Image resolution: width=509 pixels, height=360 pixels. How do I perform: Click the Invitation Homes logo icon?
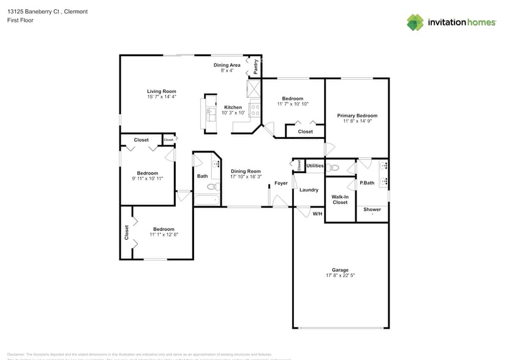pyautogui.click(x=415, y=22)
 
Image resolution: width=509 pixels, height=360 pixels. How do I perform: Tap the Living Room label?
pyautogui.click(x=161, y=91)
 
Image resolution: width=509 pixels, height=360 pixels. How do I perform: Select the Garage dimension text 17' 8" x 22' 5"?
pyautogui.click(x=340, y=276)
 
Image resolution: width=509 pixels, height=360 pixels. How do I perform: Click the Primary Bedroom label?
pyautogui.click(x=357, y=116)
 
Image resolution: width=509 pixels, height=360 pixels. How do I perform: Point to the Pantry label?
pyautogui.click(x=255, y=67)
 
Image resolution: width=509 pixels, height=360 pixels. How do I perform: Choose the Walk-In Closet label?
pyautogui.click(x=340, y=200)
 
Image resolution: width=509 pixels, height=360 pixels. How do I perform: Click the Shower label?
pyautogui.click(x=372, y=209)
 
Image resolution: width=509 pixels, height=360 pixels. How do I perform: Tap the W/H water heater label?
pyautogui.click(x=317, y=214)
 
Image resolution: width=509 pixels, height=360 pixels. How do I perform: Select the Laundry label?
pyautogui.click(x=309, y=190)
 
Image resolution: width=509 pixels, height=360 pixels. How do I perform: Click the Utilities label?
pyautogui.click(x=315, y=166)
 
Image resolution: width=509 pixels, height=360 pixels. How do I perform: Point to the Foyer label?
pyautogui.click(x=281, y=183)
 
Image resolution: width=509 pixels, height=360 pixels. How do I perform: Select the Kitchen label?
pyautogui.click(x=233, y=107)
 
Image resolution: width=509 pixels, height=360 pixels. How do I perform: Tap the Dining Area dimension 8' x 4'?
pyautogui.click(x=227, y=70)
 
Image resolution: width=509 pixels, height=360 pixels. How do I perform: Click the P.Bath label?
pyautogui.click(x=367, y=183)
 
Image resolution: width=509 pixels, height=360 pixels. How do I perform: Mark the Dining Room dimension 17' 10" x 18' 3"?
pyautogui.click(x=246, y=177)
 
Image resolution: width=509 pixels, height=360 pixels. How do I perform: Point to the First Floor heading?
pyautogui.click(x=20, y=20)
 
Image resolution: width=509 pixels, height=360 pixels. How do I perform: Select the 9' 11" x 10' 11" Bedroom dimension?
pyautogui.click(x=147, y=178)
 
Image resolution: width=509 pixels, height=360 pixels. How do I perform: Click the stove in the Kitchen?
pyautogui.click(x=255, y=109)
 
